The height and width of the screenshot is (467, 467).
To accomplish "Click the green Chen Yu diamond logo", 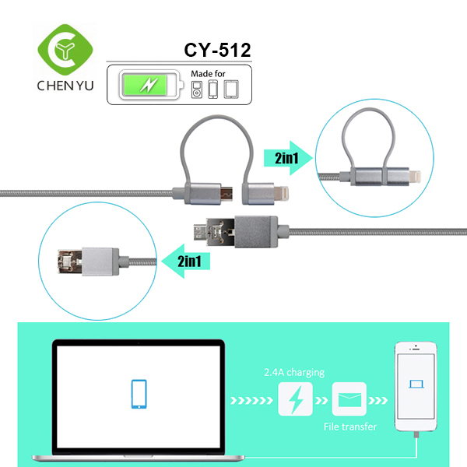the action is pos(65,50).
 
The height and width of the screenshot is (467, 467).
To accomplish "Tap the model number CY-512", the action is pos(217,50).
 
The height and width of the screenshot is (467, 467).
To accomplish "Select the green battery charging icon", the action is pos(151,85).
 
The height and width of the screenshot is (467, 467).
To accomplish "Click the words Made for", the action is pos(208,74).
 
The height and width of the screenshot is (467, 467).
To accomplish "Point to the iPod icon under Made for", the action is pos(197,90).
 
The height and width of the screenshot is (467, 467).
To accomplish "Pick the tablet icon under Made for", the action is pos(231,89).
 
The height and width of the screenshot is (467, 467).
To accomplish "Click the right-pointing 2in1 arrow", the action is pos(288,158).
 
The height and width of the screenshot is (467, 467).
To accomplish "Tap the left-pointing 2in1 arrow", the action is pos(186,262).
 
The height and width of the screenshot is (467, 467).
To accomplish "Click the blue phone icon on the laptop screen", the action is pos(139,394).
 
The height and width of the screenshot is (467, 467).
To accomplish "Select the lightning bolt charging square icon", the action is pos(295,399).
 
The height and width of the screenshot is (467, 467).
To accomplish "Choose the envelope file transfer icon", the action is pos(349,399).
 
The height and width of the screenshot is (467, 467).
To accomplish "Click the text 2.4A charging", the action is pos(294,373).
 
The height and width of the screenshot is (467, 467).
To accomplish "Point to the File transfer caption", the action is pos(350,427).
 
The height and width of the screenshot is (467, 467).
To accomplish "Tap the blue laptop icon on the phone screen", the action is pos(416,384).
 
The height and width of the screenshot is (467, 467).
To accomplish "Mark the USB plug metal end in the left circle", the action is pos(70,262).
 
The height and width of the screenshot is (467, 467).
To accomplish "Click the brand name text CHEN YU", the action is pos(65,86).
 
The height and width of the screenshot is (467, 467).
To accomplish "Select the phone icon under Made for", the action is pos(213,89).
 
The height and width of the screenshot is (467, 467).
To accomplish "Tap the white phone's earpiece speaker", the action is pos(416,349).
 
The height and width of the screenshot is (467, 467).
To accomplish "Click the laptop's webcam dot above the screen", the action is pos(139,343).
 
